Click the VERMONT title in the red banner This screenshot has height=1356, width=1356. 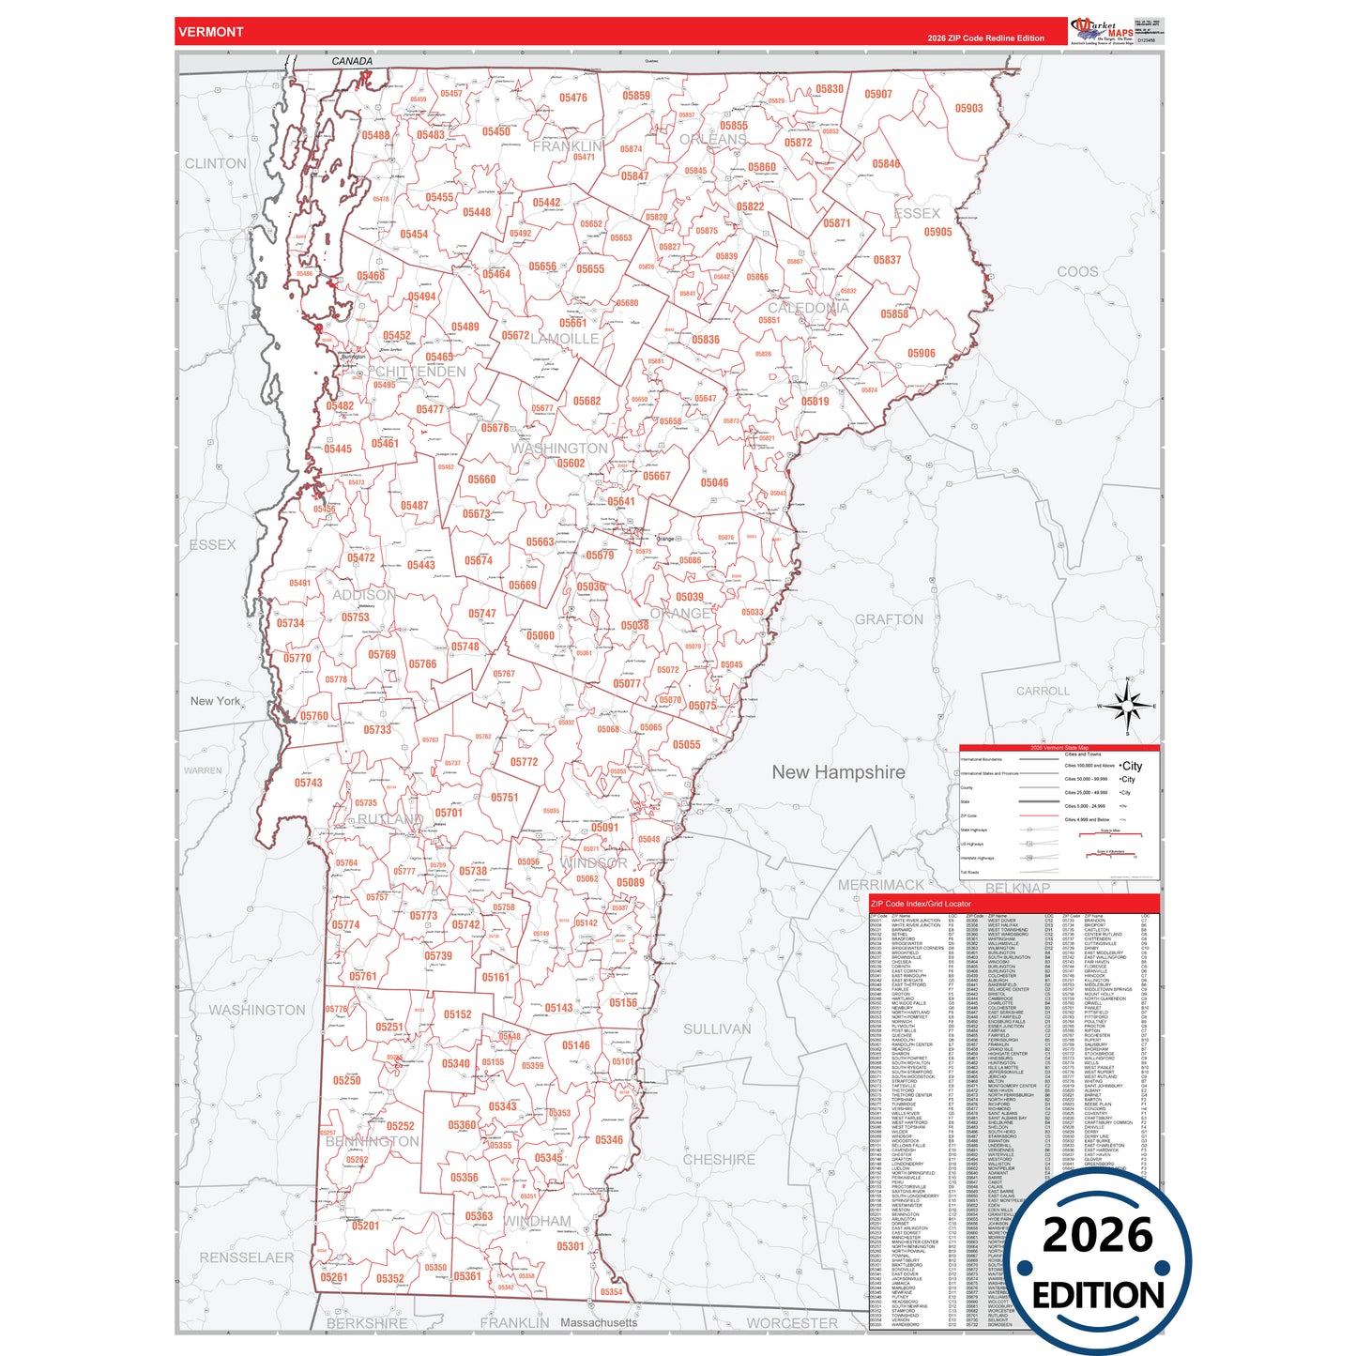click(x=210, y=32)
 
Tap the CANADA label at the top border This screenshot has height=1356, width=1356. click(x=352, y=61)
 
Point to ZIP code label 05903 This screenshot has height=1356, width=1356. click(x=968, y=109)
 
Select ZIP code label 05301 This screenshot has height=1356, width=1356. click(x=570, y=1246)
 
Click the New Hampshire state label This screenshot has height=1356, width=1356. click(x=838, y=772)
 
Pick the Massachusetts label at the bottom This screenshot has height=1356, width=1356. click(x=598, y=1322)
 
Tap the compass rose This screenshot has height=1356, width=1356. click(x=1127, y=706)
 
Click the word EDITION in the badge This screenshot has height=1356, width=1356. click(x=1097, y=1296)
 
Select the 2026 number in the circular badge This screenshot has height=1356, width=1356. click(x=1097, y=1235)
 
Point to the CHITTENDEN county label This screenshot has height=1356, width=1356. click(x=420, y=372)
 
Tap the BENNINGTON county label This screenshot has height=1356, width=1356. click(x=373, y=1141)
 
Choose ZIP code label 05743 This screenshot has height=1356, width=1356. click(x=308, y=783)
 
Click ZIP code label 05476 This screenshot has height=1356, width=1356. click(x=572, y=98)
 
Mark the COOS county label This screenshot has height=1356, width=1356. click(x=1076, y=271)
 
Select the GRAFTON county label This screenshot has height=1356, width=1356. click(x=888, y=619)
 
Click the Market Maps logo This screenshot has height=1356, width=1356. click(x=1104, y=31)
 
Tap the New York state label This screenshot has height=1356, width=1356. click(x=215, y=701)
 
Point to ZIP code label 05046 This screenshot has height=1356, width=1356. click(x=714, y=482)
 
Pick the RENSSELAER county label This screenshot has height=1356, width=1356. click(x=246, y=1257)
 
